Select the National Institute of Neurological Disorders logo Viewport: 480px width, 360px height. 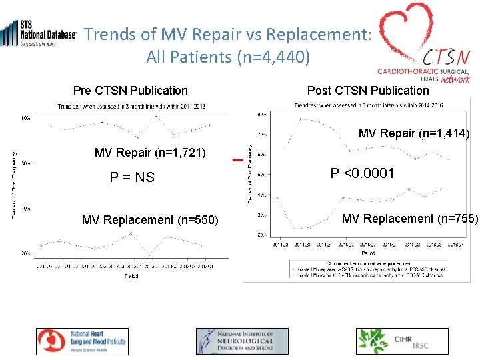[235, 341]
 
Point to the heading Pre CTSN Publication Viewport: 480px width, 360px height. [131, 91]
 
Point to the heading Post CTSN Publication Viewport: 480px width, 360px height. [368, 91]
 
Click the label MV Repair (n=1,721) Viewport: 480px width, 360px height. [151, 153]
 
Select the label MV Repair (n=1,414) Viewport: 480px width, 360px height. [414, 134]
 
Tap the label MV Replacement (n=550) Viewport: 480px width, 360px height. [150, 220]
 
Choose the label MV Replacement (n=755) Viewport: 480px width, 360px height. [410, 219]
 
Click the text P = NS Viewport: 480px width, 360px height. [132, 177]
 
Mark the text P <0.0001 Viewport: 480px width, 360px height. [363, 174]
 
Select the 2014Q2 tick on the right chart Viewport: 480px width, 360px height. [281, 245]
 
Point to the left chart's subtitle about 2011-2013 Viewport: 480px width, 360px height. [131, 107]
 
